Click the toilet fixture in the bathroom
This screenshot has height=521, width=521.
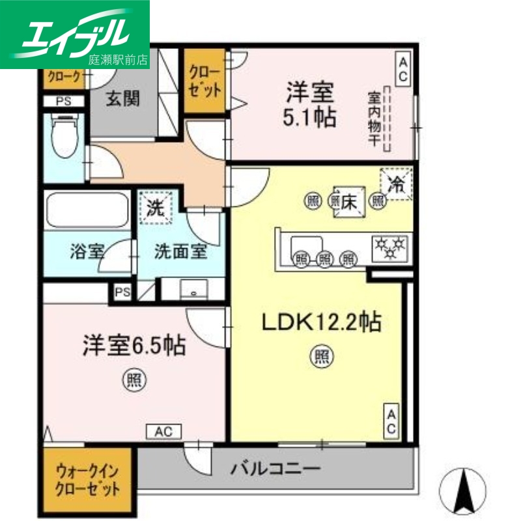click(63, 137)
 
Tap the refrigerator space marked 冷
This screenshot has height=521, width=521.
click(397, 184)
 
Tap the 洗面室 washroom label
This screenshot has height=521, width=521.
click(180, 252)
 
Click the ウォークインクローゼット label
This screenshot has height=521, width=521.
click(88, 481)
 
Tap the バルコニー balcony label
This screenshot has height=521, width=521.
click(275, 468)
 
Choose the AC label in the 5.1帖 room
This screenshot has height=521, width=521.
click(403, 69)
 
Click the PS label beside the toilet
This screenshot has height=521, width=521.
click(63, 101)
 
